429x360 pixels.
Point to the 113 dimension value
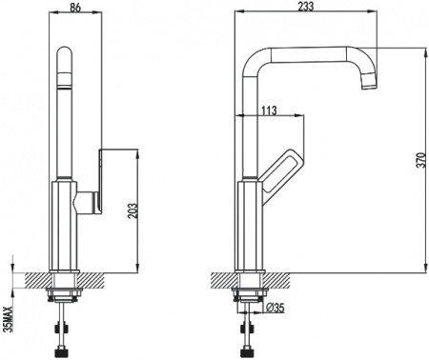268,110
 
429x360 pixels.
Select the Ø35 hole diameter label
271,307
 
